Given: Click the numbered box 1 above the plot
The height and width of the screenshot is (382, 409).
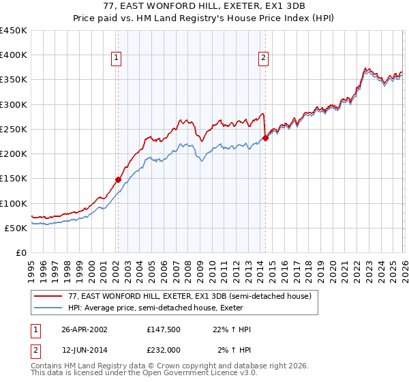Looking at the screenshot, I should [x=117, y=59].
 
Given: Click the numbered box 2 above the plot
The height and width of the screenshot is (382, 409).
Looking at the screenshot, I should [x=263, y=59].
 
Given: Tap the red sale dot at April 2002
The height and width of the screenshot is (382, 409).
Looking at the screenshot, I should [x=118, y=179].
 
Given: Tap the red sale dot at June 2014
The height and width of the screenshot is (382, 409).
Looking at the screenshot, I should [x=265, y=138].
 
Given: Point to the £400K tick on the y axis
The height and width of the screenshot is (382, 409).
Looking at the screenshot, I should [x=13, y=55].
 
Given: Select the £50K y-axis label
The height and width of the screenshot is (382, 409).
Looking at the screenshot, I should [x=16, y=228].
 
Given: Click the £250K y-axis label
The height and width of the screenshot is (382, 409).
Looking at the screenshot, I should [x=13, y=129].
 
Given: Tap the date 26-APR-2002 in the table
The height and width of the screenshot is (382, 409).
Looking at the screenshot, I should [x=85, y=329].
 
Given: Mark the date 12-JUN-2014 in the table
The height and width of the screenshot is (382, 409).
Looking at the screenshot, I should [x=85, y=350].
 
